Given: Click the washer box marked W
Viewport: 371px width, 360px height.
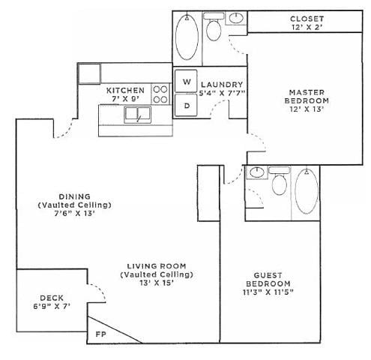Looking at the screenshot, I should [187, 80].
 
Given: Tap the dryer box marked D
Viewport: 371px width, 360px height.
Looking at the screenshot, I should [187, 105].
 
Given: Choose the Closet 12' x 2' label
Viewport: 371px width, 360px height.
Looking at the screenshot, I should [307, 23].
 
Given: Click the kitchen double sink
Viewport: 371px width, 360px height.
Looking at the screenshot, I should [138, 115].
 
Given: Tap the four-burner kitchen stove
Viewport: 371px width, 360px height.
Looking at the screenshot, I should [160, 93].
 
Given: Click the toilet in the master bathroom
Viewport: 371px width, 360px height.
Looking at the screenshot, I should [214, 31].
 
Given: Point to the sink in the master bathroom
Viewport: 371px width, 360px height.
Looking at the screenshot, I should [236, 19].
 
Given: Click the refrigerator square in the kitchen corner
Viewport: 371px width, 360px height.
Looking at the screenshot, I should [89, 73].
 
